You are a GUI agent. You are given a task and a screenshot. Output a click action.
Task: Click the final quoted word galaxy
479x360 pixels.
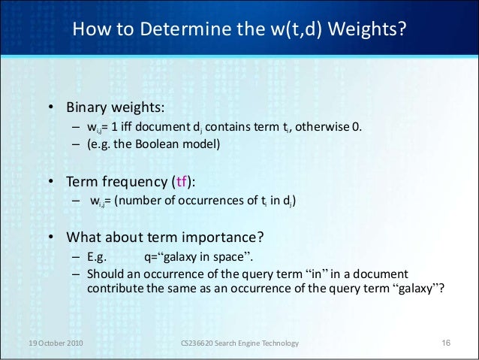[x=415, y=286]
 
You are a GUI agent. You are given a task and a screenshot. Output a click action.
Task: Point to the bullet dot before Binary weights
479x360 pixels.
[x=52, y=107]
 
